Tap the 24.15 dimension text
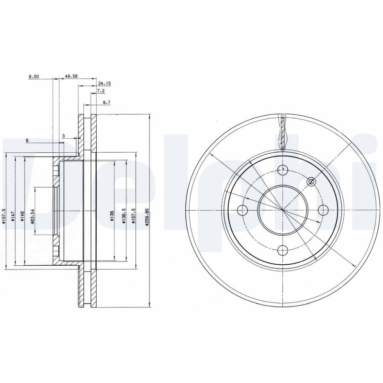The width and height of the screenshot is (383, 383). pos(104,83)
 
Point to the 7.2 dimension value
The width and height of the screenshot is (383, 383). pos(101,91)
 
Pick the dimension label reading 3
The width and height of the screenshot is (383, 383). pos(64,136)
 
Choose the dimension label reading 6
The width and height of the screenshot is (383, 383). pos(27,140)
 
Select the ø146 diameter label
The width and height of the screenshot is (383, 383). pos(23,216)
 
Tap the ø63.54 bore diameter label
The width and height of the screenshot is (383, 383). pos(33,216)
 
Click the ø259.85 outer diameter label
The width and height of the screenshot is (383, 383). pos(148,216)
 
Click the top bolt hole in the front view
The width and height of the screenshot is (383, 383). pos(283,169)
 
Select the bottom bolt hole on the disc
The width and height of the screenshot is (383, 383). pos(283,249)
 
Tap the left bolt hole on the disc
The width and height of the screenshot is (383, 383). pos(242,210)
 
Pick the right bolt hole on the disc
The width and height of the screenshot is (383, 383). pos(323,210)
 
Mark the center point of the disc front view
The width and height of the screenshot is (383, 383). pos(283,210)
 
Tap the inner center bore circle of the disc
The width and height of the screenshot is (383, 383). pos(268,191)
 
